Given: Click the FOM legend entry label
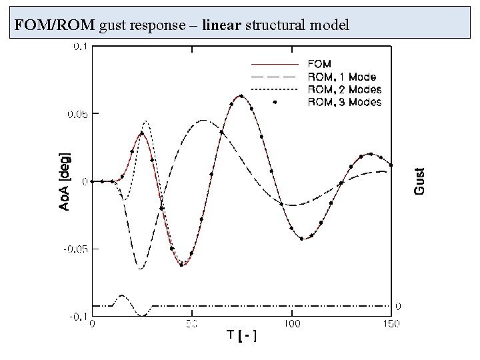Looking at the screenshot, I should tap(319, 64).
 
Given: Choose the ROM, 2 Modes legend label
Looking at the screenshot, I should tap(344, 89).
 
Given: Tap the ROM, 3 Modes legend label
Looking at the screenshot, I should tap(344, 102).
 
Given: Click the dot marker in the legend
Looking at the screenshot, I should tap(275, 102).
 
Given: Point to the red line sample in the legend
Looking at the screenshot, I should tap(274, 64).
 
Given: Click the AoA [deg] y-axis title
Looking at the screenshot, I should tap(65, 182).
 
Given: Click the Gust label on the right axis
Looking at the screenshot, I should tap(419, 181).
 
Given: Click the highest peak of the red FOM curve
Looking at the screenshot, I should tap(241, 95).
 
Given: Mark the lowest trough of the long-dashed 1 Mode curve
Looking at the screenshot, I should tap(141, 269).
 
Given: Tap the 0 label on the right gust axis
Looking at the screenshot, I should tap(397, 306).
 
